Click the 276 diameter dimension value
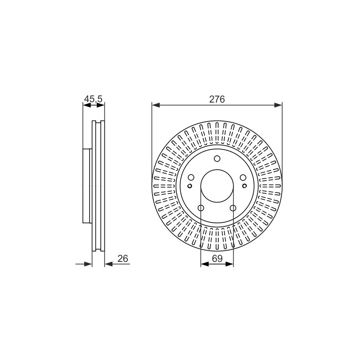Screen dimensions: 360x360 point(217,99)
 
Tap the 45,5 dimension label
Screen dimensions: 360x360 point(93,99)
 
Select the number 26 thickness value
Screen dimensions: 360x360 point(122,258)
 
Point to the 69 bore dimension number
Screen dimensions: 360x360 point(217,258)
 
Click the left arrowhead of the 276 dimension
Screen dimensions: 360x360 point(156,105)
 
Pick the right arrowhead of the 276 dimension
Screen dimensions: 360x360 point(278,105)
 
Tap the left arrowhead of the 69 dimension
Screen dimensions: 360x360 point(205,264)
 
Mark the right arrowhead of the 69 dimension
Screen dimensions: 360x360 point(229,264)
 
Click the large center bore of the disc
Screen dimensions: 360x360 point(217,186)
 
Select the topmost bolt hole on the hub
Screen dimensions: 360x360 point(217,159)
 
